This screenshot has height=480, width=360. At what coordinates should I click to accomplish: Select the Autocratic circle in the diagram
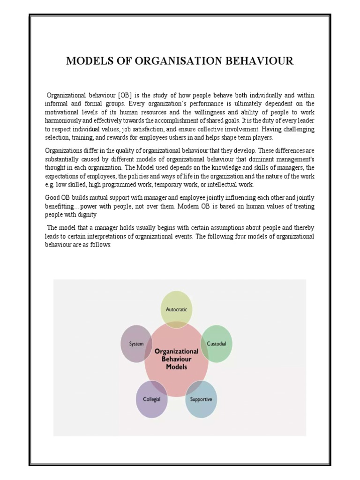coord(176,309)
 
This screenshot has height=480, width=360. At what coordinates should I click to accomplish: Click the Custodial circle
coord(216,344)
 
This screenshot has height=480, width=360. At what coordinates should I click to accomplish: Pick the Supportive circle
coord(201,399)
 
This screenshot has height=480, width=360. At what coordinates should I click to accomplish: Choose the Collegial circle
coord(151,399)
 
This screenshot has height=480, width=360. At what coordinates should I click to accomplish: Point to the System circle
coord(136,344)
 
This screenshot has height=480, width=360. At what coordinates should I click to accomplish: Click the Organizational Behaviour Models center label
coord(176,359)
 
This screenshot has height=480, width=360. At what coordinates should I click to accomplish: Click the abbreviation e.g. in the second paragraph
coord(50,185)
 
